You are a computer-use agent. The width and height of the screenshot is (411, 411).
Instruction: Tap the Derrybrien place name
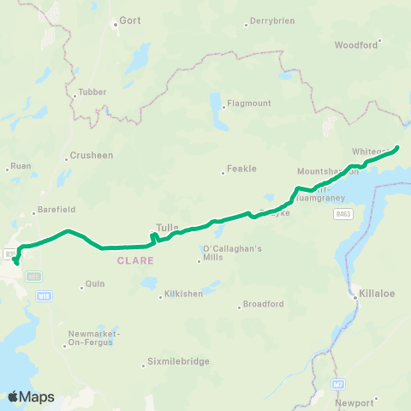coord(270,22)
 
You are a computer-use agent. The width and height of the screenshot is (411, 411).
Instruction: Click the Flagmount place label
coord(247,104)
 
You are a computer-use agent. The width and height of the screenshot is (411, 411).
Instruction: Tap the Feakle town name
coord(242,169)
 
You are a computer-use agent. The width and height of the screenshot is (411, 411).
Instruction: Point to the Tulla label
coord(167,228)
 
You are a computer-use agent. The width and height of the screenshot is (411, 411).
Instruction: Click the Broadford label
coord(263,303)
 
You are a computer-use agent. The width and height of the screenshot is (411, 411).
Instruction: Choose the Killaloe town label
coord(376,292)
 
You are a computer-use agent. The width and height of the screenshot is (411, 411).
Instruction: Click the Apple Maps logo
coord(31,396)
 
